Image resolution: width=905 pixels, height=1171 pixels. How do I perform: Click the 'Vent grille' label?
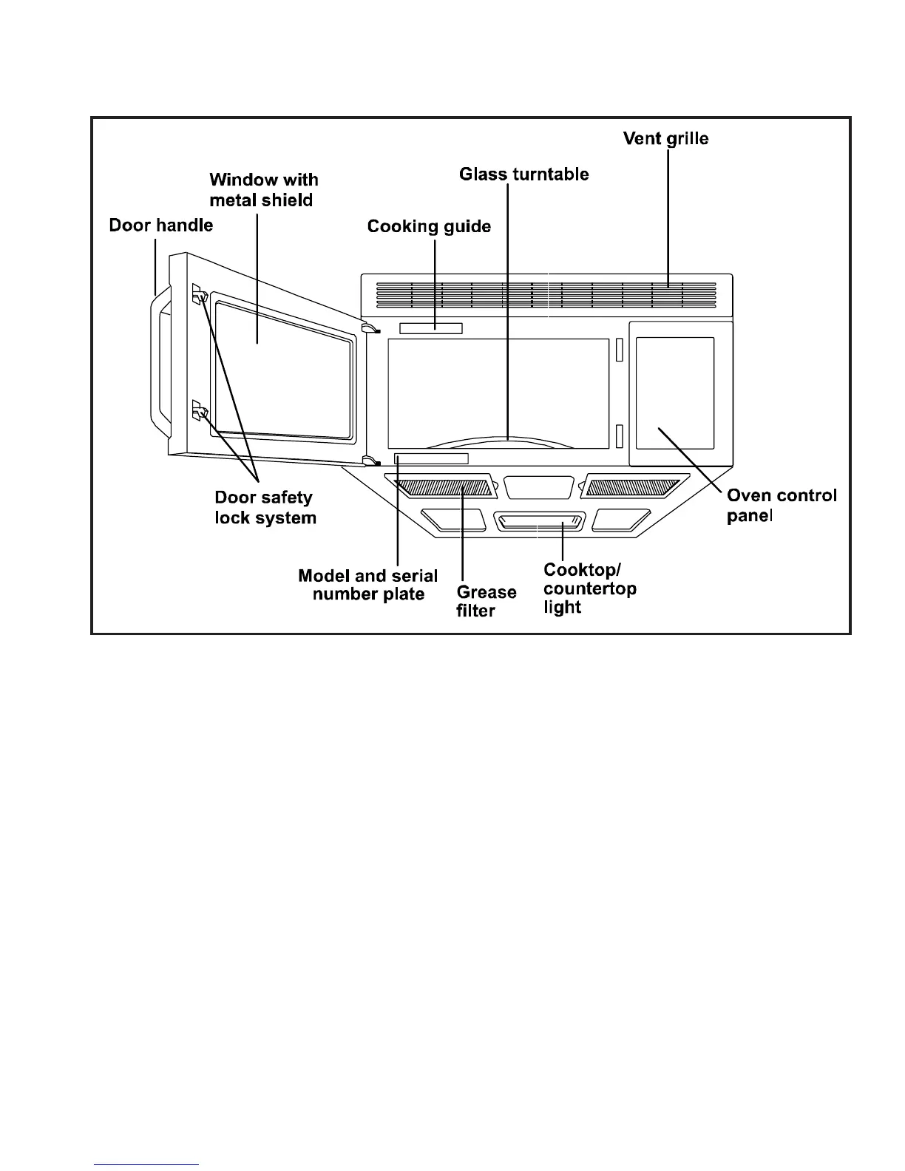pyautogui.click(x=665, y=139)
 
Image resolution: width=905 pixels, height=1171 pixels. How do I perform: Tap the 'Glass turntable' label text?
pyautogui.click(x=523, y=174)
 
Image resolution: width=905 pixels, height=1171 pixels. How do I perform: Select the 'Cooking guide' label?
pyautogui.click(x=429, y=226)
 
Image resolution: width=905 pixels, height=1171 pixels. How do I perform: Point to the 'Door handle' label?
pyautogui.click(x=160, y=225)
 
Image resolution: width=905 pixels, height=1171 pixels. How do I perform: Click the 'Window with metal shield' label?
pyautogui.click(x=263, y=190)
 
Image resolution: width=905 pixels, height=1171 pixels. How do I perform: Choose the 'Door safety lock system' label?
pyautogui.click(x=265, y=508)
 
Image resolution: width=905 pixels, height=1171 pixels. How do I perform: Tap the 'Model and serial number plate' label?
pyautogui.click(x=367, y=585)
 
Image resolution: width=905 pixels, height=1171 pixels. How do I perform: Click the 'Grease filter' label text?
pyautogui.click(x=486, y=601)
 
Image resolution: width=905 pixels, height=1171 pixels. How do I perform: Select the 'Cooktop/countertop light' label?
pyautogui.click(x=589, y=588)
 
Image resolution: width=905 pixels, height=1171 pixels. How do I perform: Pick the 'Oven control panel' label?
pyautogui.click(x=781, y=505)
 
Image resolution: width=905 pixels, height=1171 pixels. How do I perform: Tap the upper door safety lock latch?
pyautogui.click(x=199, y=295)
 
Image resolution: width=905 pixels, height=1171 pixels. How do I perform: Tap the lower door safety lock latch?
pyautogui.click(x=199, y=410)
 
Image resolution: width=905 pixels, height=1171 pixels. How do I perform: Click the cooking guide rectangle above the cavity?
pyautogui.click(x=430, y=328)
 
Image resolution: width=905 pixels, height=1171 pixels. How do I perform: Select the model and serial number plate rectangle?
pyautogui.click(x=431, y=459)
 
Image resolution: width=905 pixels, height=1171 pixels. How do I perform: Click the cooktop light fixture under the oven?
pyautogui.click(x=539, y=523)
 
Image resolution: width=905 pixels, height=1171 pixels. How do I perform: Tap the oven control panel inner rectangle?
pyautogui.click(x=674, y=393)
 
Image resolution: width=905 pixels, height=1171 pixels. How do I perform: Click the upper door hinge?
pyautogui.click(x=369, y=327)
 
